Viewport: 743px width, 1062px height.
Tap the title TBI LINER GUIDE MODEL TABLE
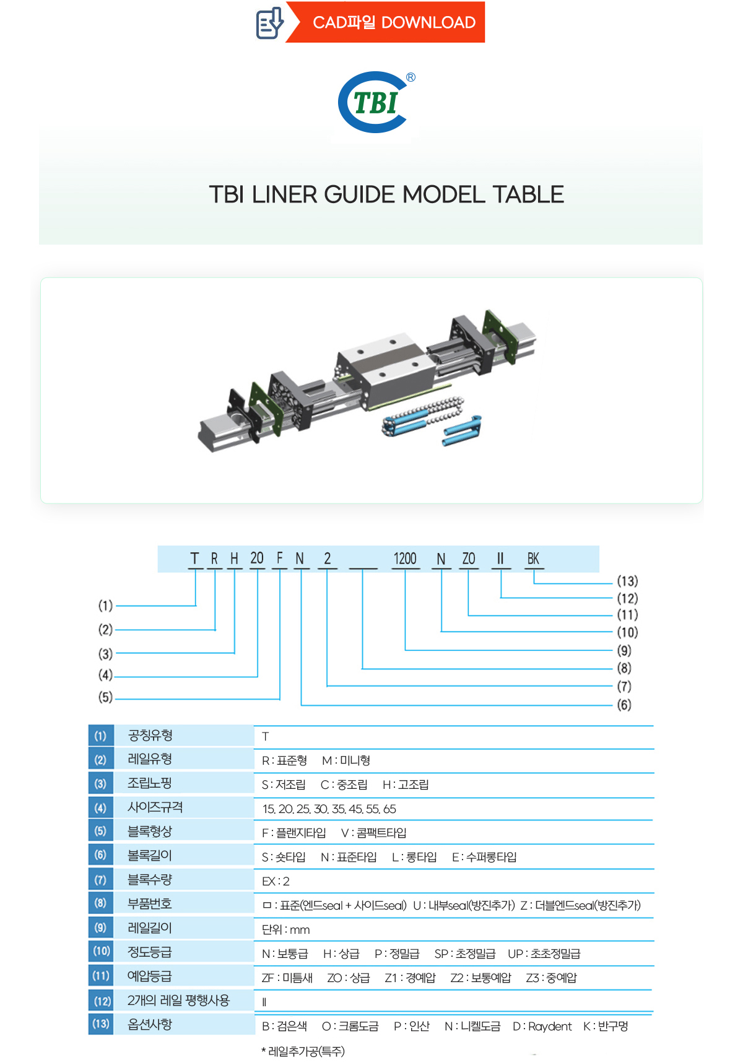click(386, 194)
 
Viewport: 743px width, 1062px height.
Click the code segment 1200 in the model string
click(405, 559)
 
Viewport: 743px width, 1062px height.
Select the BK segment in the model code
click(533, 559)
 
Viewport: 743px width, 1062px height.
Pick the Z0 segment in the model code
click(469, 559)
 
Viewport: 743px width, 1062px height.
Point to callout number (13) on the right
click(627, 581)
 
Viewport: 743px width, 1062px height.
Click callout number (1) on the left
click(105, 605)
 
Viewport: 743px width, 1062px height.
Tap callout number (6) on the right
click(624, 705)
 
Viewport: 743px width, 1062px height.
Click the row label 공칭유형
click(150, 735)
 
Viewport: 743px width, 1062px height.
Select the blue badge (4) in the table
click(100, 807)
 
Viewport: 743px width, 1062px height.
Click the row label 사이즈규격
click(155, 807)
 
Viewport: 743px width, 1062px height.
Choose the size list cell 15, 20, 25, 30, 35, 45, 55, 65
click(329, 809)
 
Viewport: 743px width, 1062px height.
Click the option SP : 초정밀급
click(464, 954)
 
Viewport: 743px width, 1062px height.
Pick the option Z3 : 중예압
click(551, 978)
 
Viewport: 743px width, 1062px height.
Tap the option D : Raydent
click(542, 1026)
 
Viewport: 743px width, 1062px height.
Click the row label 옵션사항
click(150, 1025)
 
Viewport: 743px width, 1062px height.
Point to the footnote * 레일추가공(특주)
click(303, 1051)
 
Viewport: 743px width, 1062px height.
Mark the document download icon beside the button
click(269, 23)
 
